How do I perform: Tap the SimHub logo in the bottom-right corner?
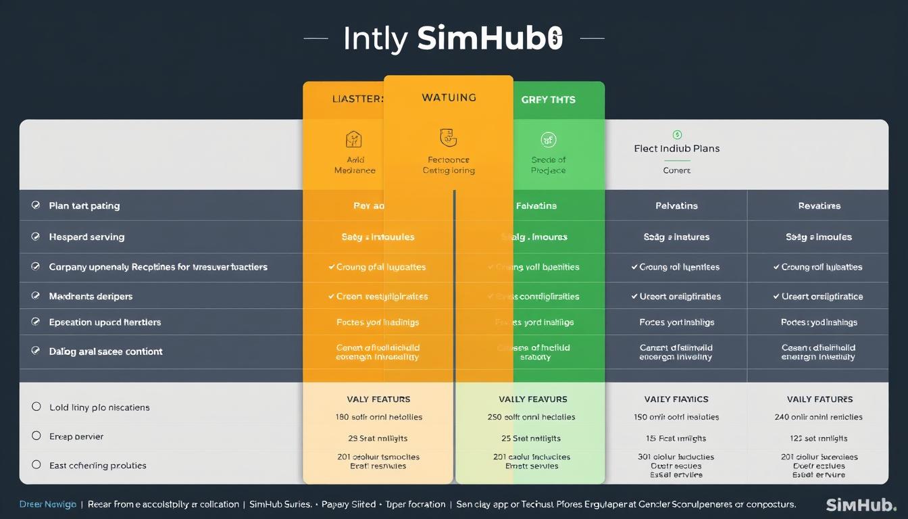point(861,505)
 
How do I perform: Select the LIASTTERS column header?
point(357,99)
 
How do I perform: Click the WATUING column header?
point(449,97)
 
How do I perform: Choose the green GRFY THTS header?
point(548,99)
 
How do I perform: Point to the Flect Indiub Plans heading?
point(676,148)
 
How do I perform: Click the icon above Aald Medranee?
point(354,139)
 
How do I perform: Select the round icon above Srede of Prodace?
point(548,140)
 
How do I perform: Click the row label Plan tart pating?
point(84,205)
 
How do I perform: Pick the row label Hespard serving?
point(86,237)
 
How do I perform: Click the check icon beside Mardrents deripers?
point(36,296)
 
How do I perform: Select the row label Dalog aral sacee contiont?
point(105,351)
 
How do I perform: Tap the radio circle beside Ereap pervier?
point(36,436)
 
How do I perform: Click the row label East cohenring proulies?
point(97,466)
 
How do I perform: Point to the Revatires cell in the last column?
point(819,205)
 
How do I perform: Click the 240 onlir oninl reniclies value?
point(819,417)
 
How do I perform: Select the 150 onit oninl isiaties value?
point(676,417)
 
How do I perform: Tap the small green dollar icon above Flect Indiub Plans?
point(677,134)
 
